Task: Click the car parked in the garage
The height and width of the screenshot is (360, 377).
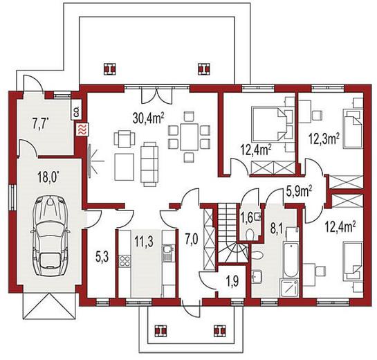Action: (x=50, y=235)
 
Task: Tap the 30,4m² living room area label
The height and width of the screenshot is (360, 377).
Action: (x=149, y=118)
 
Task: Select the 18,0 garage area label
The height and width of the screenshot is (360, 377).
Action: (x=48, y=178)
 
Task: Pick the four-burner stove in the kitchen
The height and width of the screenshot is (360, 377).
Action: (x=125, y=260)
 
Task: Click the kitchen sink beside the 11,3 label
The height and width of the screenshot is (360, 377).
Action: (x=167, y=253)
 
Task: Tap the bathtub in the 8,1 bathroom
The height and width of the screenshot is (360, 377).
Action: (x=291, y=260)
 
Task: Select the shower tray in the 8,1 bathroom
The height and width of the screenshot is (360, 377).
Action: (x=289, y=288)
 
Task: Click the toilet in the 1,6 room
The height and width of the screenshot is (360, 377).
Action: (x=250, y=234)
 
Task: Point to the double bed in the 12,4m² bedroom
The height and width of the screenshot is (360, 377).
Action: (x=268, y=124)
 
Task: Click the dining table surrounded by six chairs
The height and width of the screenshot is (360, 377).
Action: (x=189, y=136)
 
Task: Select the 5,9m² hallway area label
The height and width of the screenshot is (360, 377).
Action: (x=299, y=192)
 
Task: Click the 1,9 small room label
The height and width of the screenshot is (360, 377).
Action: (x=232, y=282)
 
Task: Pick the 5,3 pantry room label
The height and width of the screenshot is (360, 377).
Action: (x=102, y=258)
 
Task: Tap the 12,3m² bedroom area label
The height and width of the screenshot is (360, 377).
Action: (x=324, y=139)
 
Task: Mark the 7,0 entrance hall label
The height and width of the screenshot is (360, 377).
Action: (x=192, y=240)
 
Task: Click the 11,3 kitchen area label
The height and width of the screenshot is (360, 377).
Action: (x=144, y=242)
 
